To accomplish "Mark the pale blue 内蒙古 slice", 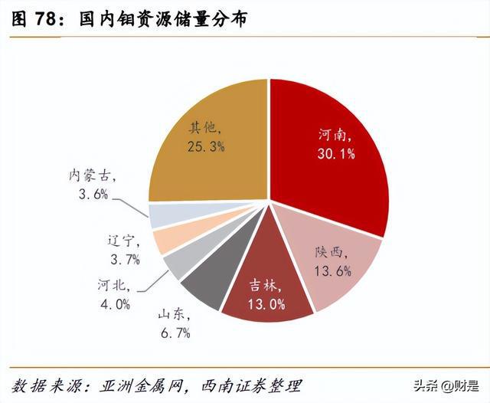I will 165,216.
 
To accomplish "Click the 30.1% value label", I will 337,153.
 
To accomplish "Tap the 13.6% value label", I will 332,270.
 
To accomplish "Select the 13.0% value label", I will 266,304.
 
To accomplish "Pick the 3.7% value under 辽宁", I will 123,259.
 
